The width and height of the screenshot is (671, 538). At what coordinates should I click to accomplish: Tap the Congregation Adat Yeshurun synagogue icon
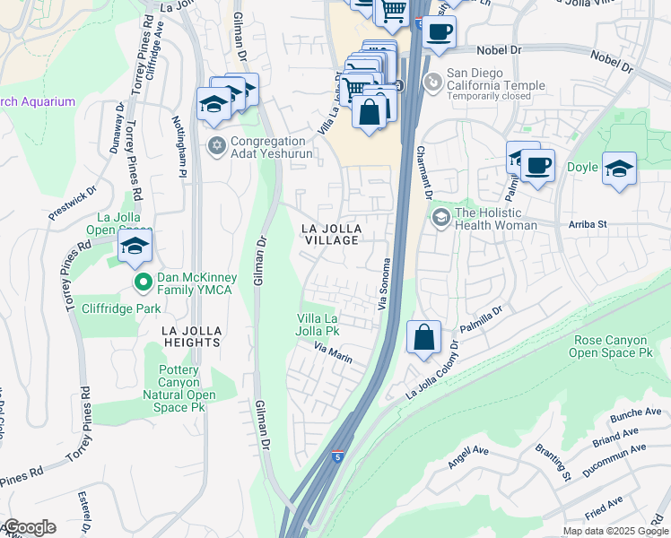click(216, 145)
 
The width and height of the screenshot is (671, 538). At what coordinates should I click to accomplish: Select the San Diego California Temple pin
click(433, 82)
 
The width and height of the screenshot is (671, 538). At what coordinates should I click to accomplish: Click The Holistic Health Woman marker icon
click(440, 217)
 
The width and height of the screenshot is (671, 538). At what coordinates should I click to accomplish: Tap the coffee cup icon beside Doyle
click(538, 166)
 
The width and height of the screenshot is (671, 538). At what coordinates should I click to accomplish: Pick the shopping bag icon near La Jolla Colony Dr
click(424, 338)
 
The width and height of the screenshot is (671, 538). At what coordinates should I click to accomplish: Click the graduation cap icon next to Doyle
click(619, 168)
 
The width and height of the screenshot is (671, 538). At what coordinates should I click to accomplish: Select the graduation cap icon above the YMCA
click(135, 247)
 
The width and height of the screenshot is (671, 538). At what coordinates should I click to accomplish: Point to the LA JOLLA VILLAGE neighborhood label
click(329, 234)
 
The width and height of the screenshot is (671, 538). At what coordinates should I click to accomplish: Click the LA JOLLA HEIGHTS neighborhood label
click(191, 336)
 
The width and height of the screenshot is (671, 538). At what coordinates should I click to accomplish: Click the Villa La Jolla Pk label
click(318, 325)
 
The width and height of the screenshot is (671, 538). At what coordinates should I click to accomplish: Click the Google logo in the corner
click(30, 527)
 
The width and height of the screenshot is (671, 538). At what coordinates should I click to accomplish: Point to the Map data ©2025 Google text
click(614, 531)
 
